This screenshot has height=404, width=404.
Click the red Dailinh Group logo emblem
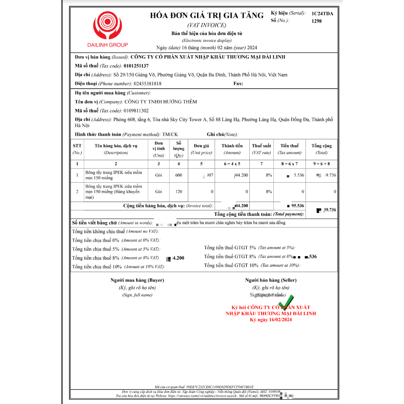[108, 25]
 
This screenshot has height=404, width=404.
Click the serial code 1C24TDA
[322, 13]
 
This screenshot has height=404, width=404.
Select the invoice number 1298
[316, 21]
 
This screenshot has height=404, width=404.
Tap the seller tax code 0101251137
[136, 66]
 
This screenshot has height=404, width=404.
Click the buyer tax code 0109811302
[136, 111]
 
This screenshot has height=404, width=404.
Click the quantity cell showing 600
[179, 175]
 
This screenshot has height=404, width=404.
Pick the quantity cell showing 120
[179, 192]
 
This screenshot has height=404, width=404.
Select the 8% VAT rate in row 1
[268, 175]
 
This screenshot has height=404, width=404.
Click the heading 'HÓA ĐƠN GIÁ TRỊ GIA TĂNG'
[206, 15]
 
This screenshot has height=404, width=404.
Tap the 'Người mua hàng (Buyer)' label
[137, 280]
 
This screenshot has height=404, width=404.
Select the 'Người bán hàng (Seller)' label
[271, 280]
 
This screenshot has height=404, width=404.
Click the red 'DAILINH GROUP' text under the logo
[108, 45]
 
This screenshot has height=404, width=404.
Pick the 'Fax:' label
[238, 84]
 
